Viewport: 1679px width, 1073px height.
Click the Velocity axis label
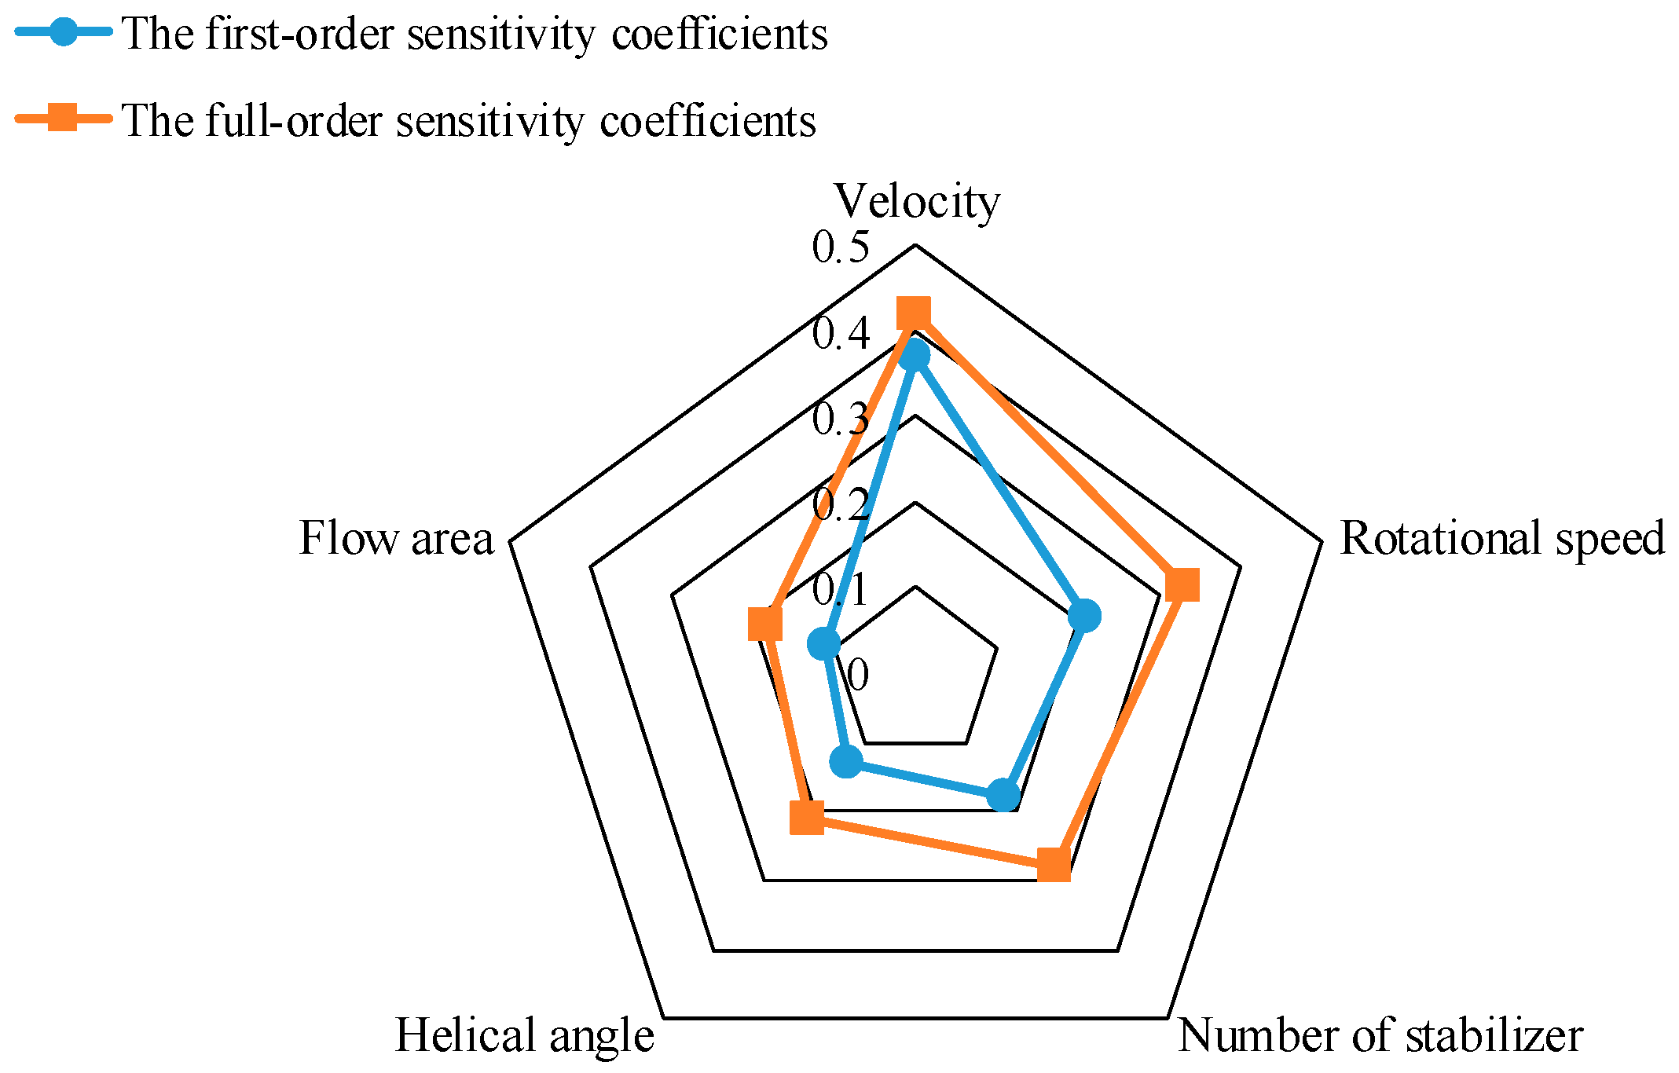pyautogui.click(x=916, y=202)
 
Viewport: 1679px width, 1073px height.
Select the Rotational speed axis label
pyautogui.click(x=1501, y=539)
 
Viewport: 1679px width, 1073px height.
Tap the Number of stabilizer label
pyautogui.click(x=1380, y=1035)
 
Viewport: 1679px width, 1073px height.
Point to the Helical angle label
pyautogui.click(x=524, y=1035)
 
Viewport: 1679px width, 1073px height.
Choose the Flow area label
pyautogui.click(x=396, y=539)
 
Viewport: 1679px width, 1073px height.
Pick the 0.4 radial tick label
pyautogui.click(x=841, y=333)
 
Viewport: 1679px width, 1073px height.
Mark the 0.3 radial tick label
pyautogui.click(x=841, y=419)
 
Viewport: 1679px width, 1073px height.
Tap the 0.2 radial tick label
pyautogui.click(x=841, y=504)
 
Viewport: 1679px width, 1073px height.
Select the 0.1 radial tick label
pyautogui.click(x=841, y=589)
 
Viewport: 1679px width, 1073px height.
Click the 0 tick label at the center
pyautogui.click(x=858, y=675)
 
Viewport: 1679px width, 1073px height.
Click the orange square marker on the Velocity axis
pyautogui.click(x=914, y=313)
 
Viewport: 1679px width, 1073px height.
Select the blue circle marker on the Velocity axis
pyautogui.click(x=914, y=357)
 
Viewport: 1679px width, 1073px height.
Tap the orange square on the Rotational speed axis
pyautogui.click(x=1182, y=584)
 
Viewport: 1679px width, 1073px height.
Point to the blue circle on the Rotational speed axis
pyautogui.click(x=1085, y=616)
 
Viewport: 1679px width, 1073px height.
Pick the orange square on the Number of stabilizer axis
pyautogui.click(x=1054, y=865)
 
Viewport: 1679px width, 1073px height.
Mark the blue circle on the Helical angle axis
pyautogui.click(x=846, y=761)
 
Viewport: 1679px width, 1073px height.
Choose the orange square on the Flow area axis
pyautogui.click(x=764, y=624)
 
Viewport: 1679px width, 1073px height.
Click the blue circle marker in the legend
pyautogui.click(x=64, y=32)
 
